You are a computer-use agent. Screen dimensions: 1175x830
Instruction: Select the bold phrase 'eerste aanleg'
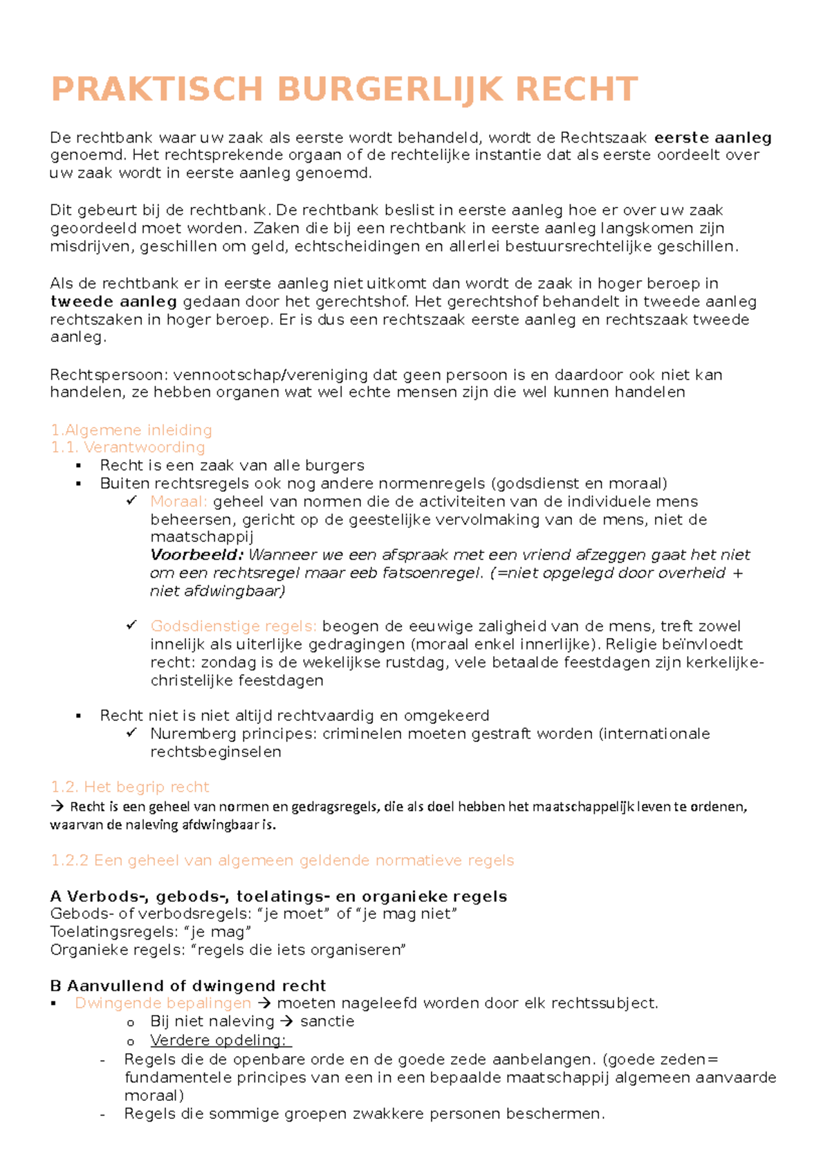click(x=713, y=138)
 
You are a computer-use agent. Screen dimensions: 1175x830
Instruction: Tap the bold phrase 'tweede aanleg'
click(x=113, y=302)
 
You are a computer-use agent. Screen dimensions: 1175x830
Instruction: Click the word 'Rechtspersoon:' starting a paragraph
click(x=109, y=375)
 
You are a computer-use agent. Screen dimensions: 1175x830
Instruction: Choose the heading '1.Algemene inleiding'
click(x=131, y=430)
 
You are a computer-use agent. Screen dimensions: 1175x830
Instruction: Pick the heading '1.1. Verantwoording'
click(x=128, y=448)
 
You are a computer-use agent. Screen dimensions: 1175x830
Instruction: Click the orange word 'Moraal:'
click(x=178, y=502)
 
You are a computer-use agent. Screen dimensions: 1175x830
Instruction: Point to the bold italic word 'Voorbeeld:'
click(x=196, y=555)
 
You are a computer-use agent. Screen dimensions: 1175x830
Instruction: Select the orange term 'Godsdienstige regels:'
click(x=233, y=626)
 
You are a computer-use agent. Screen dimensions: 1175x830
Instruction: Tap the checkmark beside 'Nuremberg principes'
click(x=131, y=733)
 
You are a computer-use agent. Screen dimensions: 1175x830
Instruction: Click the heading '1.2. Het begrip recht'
click(x=130, y=787)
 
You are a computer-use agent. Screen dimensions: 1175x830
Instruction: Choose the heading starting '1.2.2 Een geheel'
click(x=282, y=861)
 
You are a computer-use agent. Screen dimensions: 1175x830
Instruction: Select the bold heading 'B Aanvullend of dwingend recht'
click(x=188, y=985)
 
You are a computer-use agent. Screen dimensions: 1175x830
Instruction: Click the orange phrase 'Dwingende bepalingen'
click(x=163, y=1003)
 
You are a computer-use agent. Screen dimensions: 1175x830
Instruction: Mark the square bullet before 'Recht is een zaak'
click(x=79, y=466)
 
